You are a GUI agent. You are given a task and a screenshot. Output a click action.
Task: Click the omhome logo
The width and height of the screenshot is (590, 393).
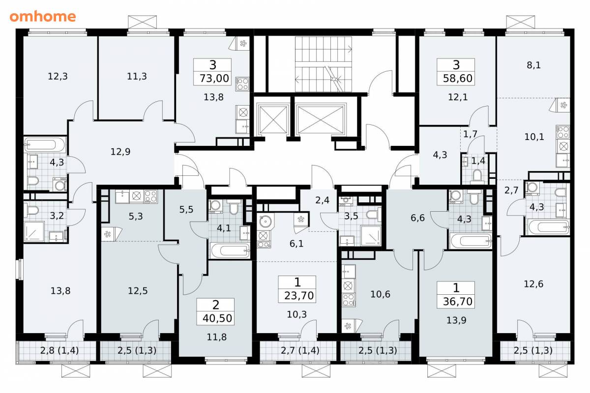pyautogui.click(x=43, y=17)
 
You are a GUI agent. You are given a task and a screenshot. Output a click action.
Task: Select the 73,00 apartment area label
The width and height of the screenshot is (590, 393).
pyautogui.click(x=214, y=79)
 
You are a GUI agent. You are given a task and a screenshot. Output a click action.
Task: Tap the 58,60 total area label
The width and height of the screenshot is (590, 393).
pyautogui.click(x=458, y=79)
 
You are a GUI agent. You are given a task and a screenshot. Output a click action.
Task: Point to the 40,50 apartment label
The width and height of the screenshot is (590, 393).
pyautogui.click(x=217, y=318)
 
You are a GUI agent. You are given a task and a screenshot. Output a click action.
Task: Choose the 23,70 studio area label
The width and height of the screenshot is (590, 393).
pyautogui.click(x=299, y=296)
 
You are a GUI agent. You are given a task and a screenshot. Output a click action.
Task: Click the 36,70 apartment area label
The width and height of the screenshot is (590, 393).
pyautogui.click(x=458, y=302)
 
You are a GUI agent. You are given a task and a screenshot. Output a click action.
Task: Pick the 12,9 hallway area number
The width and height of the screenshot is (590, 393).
pyautogui.click(x=120, y=152)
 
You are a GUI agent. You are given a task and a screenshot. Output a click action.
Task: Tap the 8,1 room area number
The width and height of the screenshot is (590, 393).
pyautogui.click(x=533, y=65)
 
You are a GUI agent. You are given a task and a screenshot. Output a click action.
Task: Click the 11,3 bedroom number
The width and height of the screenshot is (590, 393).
pyautogui.click(x=137, y=76)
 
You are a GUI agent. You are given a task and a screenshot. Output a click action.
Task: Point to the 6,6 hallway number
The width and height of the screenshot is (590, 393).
pyautogui.click(x=417, y=218)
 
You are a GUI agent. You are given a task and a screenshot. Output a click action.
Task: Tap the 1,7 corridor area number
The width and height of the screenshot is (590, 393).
pyautogui.click(x=470, y=134)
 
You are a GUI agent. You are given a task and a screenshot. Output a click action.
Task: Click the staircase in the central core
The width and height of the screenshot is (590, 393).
pyautogui.click(x=324, y=64)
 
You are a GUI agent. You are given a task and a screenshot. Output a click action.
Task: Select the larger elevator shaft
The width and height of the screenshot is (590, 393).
pyautogui.click(x=320, y=120)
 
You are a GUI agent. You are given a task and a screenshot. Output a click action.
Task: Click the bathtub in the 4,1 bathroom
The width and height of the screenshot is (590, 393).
pyautogui.click(x=230, y=251)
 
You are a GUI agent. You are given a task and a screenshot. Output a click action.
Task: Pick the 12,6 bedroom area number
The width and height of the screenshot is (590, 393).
pyautogui.click(x=533, y=284)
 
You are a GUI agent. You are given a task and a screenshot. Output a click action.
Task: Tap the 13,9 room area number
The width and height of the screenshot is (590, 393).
pyautogui.click(x=456, y=320)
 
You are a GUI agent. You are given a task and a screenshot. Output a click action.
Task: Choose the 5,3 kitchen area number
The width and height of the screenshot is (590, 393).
pyautogui.click(x=136, y=216)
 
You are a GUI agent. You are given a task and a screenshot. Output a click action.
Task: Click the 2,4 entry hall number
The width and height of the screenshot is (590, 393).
pyautogui.click(x=322, y=200)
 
